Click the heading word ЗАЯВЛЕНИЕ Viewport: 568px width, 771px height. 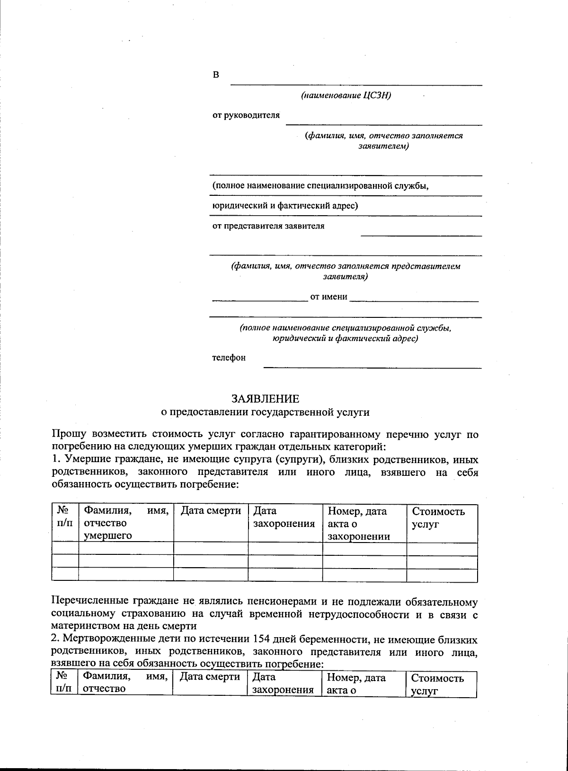265,398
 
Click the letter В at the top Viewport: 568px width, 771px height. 216,75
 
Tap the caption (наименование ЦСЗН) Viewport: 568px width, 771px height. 346,96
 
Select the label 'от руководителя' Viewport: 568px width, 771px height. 246,115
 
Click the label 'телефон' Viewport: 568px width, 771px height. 229,358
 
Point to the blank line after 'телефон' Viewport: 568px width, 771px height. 372,367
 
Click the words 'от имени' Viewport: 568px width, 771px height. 328,297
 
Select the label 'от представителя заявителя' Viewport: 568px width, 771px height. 268,226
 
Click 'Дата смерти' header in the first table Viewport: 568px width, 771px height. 211,511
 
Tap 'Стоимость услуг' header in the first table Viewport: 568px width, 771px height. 438,517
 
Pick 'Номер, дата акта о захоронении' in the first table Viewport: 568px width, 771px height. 358,524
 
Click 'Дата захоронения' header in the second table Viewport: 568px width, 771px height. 283,683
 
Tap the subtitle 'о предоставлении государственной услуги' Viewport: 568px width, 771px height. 265,412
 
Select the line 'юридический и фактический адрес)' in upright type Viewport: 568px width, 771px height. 284,206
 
